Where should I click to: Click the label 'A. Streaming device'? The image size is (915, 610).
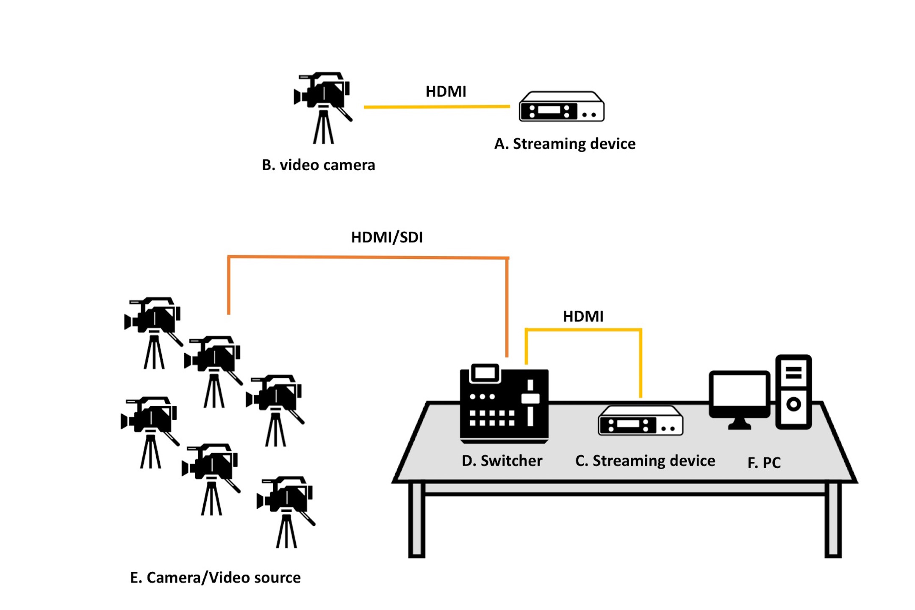coord(565,144)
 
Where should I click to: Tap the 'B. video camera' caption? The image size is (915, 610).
coord(319,165)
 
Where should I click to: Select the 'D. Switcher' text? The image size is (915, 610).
coord(502,460)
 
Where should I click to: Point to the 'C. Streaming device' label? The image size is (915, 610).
coord(645,460)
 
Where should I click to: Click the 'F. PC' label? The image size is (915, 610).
coord(764,463)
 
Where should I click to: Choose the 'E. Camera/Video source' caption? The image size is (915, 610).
coord(215,578)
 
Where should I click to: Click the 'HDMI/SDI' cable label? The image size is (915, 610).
coord(387,237)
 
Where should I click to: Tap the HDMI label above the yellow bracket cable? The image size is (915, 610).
coord(583,316)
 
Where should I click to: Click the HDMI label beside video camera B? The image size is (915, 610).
coord(446,91)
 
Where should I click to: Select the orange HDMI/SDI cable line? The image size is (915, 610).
coord(368,257)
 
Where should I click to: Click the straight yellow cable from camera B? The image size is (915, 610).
coord(437,107)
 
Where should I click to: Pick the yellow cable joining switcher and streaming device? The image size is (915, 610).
coord(583,330)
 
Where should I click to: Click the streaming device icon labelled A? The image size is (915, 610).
coord(562,106)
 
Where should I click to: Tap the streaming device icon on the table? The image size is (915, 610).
coord(640,420)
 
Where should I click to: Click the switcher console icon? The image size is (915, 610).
coord(504,403)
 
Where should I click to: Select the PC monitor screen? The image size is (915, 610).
coord(740,391)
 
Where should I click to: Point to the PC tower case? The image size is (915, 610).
coord(793,392)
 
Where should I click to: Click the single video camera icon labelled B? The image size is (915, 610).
coord(323,108)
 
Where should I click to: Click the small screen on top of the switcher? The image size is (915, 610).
coord(485,373)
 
